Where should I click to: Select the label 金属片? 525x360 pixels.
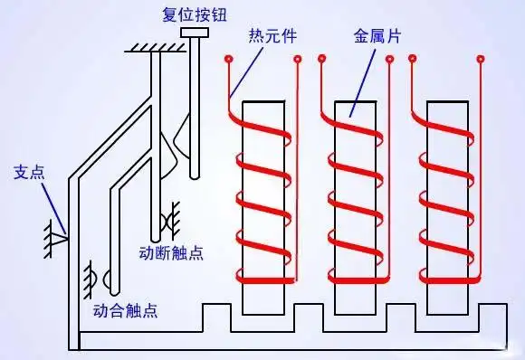click(375, 36)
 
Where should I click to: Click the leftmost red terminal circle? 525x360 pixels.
click(230, 61)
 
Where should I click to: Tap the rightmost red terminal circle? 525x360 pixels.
click(481, 61)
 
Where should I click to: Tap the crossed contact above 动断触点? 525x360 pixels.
click(167, 221)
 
